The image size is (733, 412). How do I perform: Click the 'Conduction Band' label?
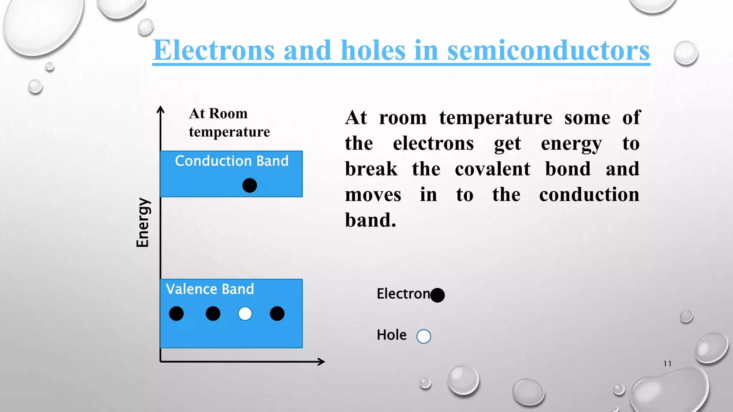tap(232, 161)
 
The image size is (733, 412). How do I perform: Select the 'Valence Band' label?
tap(210, 289)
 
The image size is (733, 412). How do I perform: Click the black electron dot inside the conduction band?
tap(249, 185)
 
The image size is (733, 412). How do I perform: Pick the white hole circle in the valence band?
tap(245, 314)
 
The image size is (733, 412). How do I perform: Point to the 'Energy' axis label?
tap(143, 222)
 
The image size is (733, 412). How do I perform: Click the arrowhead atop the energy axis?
tap(161, 109)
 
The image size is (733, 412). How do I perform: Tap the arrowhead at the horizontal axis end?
tap(321, 362)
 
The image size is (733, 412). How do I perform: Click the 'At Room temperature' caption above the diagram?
tap(229, 123)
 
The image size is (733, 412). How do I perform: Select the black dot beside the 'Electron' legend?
tap(437, 295)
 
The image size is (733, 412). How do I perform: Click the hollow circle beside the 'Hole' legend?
tap(424, 336)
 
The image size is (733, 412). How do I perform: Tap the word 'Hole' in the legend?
tap(392, 335)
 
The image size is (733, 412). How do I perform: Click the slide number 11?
tap(667, 364)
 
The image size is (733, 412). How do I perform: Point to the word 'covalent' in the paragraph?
tap(492, 169)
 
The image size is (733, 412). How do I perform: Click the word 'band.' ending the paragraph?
tap(370, 220)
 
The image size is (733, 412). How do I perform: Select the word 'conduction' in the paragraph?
tap(589, 195)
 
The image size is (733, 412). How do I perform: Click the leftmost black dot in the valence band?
tap(176, 314)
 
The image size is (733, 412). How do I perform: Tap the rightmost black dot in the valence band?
tap(277, 314)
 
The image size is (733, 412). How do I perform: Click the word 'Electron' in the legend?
tap(403, 294)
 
